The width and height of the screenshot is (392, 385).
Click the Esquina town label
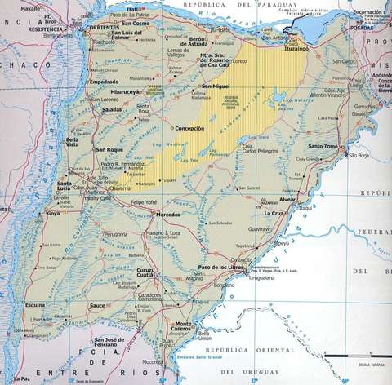pos(34,305)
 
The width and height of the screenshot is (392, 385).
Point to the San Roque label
pos(109,150)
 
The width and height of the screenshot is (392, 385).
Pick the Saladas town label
pos(113,109)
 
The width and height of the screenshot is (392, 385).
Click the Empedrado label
pos(104,82)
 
